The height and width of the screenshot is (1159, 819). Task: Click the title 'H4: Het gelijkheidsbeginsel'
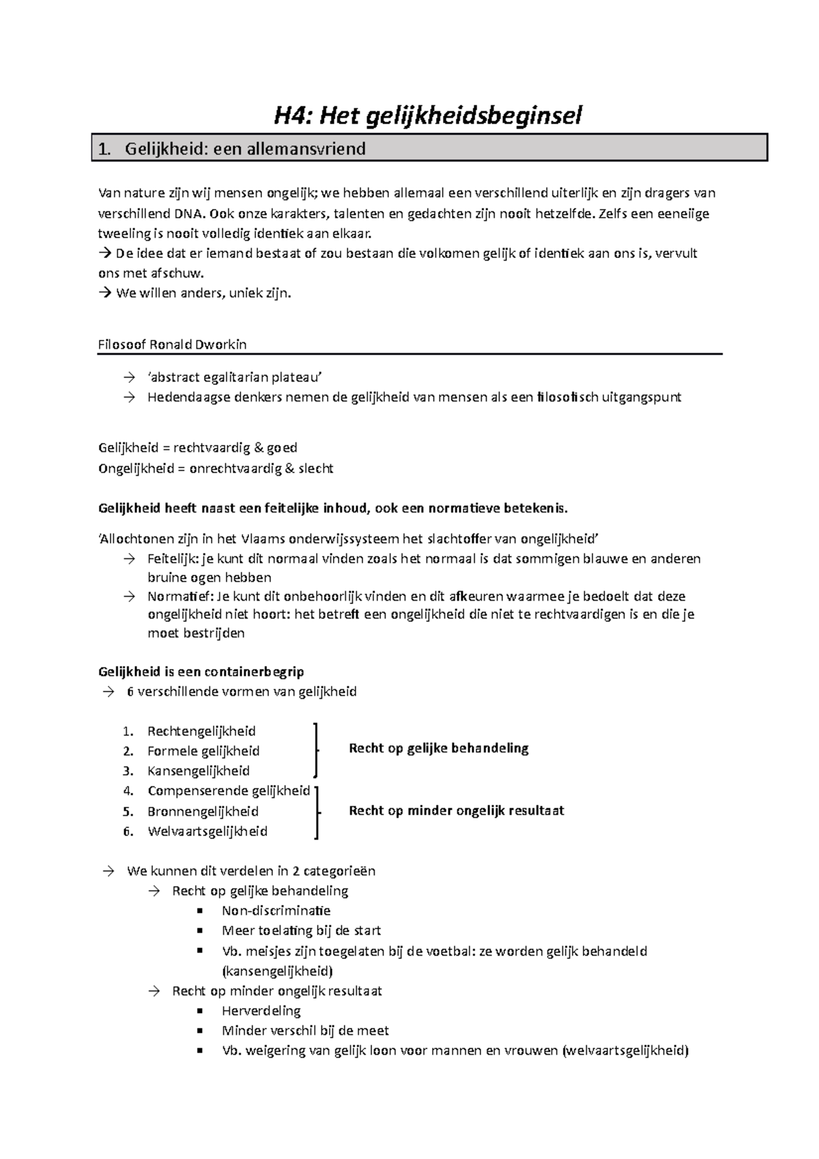(428, 115)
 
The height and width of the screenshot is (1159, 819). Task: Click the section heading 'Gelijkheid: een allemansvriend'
(245, 149)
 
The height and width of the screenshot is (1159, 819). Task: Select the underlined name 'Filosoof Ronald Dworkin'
(173, 345)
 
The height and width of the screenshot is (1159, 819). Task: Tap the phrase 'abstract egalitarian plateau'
(234, 377)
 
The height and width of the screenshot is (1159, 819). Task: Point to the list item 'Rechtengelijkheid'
(201, 731)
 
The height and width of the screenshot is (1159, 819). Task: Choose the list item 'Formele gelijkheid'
(203, 751)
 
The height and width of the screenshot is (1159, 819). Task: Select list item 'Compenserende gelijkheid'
(229, 791)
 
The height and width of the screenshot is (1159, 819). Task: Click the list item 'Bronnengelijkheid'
(203, 812)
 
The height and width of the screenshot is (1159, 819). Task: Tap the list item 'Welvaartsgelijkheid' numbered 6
(207, 831)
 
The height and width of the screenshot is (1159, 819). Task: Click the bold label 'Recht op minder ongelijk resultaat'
(456, 811)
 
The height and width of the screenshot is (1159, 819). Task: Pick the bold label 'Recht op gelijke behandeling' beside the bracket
(438, 748)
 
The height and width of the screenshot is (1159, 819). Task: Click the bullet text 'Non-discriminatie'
(276, 911)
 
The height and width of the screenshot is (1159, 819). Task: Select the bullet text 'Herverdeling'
(261, 1011)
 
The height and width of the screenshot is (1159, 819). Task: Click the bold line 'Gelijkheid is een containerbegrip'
(201, 672)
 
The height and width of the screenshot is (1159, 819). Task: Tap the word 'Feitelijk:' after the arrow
(173, 559)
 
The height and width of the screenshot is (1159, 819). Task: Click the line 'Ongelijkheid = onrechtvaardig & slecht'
(216, 468)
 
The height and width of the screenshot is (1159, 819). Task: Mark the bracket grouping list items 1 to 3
(315, 750)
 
